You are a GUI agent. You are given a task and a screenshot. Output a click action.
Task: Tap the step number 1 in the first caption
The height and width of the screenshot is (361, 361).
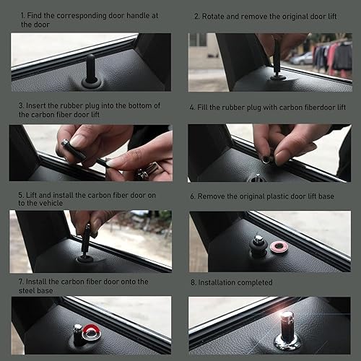pyautogui.click(x=22, y=15)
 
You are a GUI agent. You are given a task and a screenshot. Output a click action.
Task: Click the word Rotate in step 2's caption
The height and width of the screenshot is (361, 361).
pyautogui.click(x=215, y=15)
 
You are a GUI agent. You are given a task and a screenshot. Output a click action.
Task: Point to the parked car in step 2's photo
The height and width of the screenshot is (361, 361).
pyautogui.click(x=303, y=58)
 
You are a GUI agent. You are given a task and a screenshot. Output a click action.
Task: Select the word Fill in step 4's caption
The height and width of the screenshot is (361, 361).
pyautogui.click(x=204, y=107)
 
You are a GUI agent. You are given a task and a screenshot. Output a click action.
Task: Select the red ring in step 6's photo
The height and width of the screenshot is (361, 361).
pyautogui.click(x=278, y=248)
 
